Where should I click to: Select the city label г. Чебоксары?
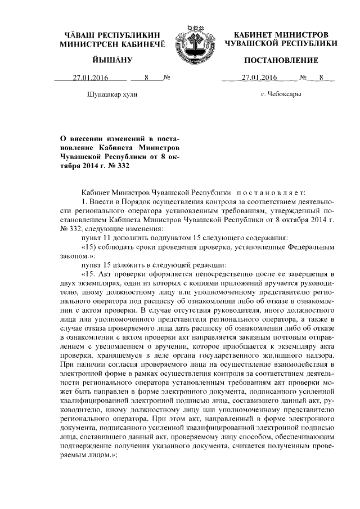tap(281, 94)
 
